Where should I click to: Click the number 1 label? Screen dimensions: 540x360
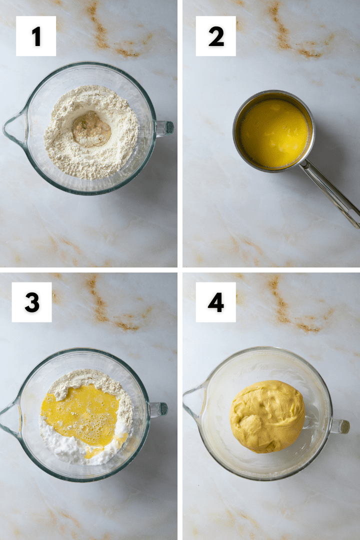[36, 36]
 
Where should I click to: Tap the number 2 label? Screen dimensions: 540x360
[215, 36]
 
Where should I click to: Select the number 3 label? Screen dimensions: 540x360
[31, 302]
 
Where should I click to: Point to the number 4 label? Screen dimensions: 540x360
[215, 302]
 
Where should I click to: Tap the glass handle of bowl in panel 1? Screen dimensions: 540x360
[164, 127]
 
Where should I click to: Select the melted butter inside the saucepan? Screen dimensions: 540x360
[273, 133]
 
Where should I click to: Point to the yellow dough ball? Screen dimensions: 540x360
[267, 416]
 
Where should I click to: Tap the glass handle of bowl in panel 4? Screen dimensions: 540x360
[340, 426]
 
